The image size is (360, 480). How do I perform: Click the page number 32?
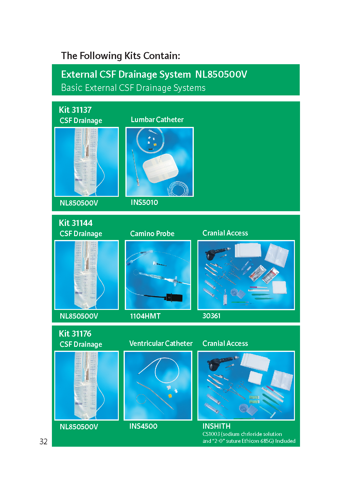(x=43, y=441)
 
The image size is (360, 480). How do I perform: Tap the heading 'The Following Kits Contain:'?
(x=120, y=56)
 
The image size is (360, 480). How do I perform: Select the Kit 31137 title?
(x=75, y=110)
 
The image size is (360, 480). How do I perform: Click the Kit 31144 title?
(x=76, y=223)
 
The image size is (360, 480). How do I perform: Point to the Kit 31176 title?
(x=75, y=334)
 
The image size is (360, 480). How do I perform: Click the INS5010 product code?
(x=144, y=202)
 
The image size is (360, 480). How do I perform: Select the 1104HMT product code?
(x=145, y=316)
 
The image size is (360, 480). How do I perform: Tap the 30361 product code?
(x=211, y=316)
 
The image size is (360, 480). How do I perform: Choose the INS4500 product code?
(x=143, y=426)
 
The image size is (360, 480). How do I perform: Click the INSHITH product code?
(x=216, y=426)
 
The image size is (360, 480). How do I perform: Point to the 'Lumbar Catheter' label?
(x=157, y=120)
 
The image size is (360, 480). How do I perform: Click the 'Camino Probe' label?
(x=152, y=233)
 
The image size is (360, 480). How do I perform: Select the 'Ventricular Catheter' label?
(x=161, y=343)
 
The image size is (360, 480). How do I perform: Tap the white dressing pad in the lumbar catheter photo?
(x=161, y=167)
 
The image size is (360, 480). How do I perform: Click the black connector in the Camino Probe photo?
(x=174, y=297)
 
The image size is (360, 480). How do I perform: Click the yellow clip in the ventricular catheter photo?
(x=170, y=395)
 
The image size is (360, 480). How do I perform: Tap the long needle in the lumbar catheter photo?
(x=136, y=167)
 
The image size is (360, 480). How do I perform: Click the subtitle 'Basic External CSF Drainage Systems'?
(x=133, y=88)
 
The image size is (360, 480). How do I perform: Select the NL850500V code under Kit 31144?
(x=79, y=316)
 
